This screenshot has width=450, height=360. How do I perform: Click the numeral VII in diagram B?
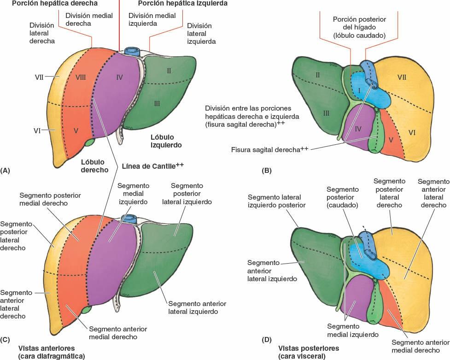[x=401, y=77]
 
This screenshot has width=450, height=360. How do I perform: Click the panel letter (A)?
[x=6, y=171]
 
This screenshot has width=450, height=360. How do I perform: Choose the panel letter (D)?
[x=267, y=340]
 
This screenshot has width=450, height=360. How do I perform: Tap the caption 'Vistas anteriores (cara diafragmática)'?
[x=47, y=352]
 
